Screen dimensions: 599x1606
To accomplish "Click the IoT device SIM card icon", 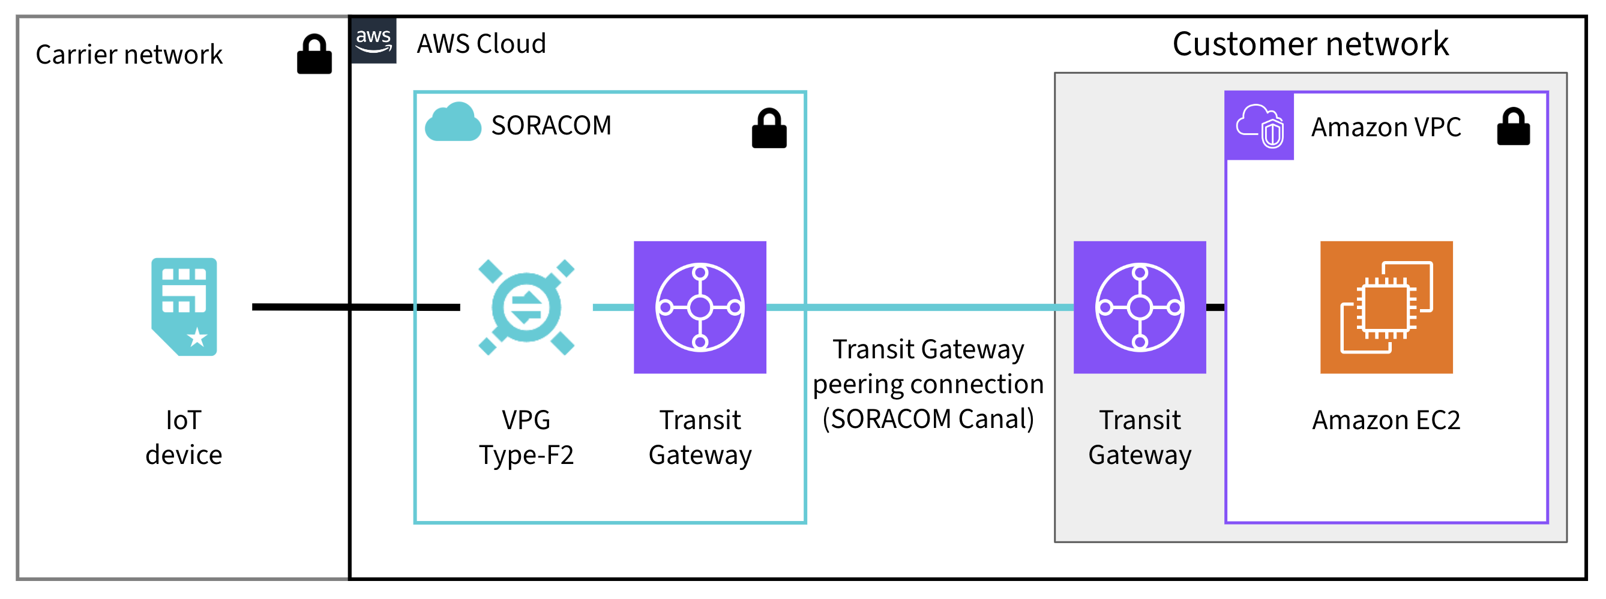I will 184,307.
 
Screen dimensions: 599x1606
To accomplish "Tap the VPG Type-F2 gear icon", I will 526,307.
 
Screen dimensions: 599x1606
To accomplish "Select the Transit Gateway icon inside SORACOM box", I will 700,307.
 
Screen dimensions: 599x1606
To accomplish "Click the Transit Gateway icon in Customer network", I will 1139,307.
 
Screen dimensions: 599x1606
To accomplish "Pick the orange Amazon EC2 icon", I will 1386,307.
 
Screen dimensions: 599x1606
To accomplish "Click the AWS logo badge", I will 373,41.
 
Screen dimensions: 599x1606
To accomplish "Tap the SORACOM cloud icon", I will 453,123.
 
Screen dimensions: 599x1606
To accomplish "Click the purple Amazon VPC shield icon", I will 1259,126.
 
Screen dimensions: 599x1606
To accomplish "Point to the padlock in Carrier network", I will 314,55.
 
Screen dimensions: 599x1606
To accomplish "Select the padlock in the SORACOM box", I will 769,129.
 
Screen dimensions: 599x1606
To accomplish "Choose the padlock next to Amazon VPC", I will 1513,127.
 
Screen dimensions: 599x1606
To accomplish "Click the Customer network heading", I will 1310,44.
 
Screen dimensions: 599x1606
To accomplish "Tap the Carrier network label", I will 129,55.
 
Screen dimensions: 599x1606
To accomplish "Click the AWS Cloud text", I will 481,44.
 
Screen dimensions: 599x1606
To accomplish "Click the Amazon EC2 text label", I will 1386,420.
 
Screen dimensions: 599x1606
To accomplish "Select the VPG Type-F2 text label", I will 526,438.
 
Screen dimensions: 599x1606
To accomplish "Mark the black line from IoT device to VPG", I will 355,307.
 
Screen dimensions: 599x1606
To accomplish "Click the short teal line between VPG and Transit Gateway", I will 612,307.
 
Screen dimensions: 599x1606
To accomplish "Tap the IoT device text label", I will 184,438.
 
